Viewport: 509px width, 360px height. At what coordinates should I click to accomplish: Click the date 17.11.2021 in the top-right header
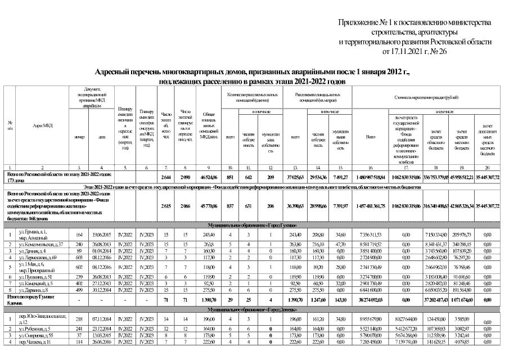(400, 52)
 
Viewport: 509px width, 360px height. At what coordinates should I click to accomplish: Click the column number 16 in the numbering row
(370, 168)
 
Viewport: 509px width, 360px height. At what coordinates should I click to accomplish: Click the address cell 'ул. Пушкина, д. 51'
(37, 277)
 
